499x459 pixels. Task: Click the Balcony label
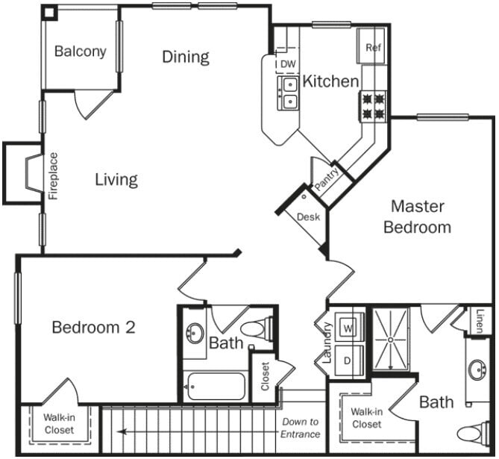[x=80, y=52]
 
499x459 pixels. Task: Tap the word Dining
[x=186, y=57]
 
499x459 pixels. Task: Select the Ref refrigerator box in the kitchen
[x=373, y=47]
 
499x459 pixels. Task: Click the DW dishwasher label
[x=288, y=64]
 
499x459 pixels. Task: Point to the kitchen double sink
[x=288, y=93]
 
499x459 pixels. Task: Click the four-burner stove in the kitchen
[x=374, y=105]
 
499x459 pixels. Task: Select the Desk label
[x=308, y=217]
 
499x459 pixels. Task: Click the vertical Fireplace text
[x=54, y=176]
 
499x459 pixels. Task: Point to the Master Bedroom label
[x=417, y=216]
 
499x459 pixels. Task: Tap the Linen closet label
[x=480, y=321]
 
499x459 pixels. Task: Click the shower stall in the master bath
[x=392, y=337]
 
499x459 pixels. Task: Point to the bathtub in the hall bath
[x=216, y=387]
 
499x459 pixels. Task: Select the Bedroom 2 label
[x=93, y=327]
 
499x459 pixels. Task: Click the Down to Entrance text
[x=301, y=428]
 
